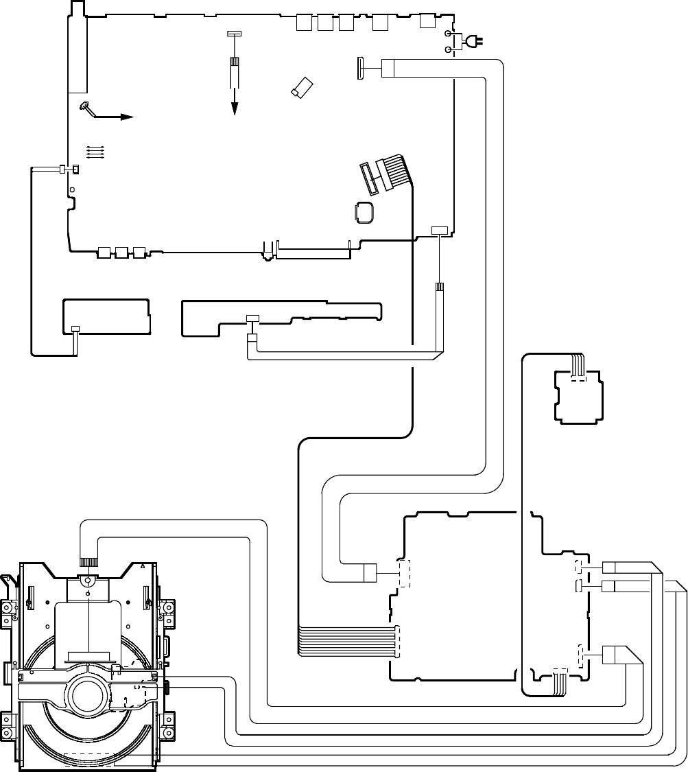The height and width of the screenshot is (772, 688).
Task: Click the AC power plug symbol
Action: click(472, 42)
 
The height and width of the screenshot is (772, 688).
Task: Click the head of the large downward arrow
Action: click(235, 108)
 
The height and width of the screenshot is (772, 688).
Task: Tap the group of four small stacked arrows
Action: click(95, 152)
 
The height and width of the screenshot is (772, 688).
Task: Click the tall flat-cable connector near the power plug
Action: click(360, 69)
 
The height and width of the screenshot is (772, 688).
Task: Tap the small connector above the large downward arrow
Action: click(234, 34)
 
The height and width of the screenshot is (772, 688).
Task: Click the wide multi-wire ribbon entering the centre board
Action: click(346, 642)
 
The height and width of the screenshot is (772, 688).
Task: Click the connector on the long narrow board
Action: click(252, 318)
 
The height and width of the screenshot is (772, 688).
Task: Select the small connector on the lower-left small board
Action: click(75, 329)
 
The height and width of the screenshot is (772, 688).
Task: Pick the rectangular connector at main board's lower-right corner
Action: click(439, 230)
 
